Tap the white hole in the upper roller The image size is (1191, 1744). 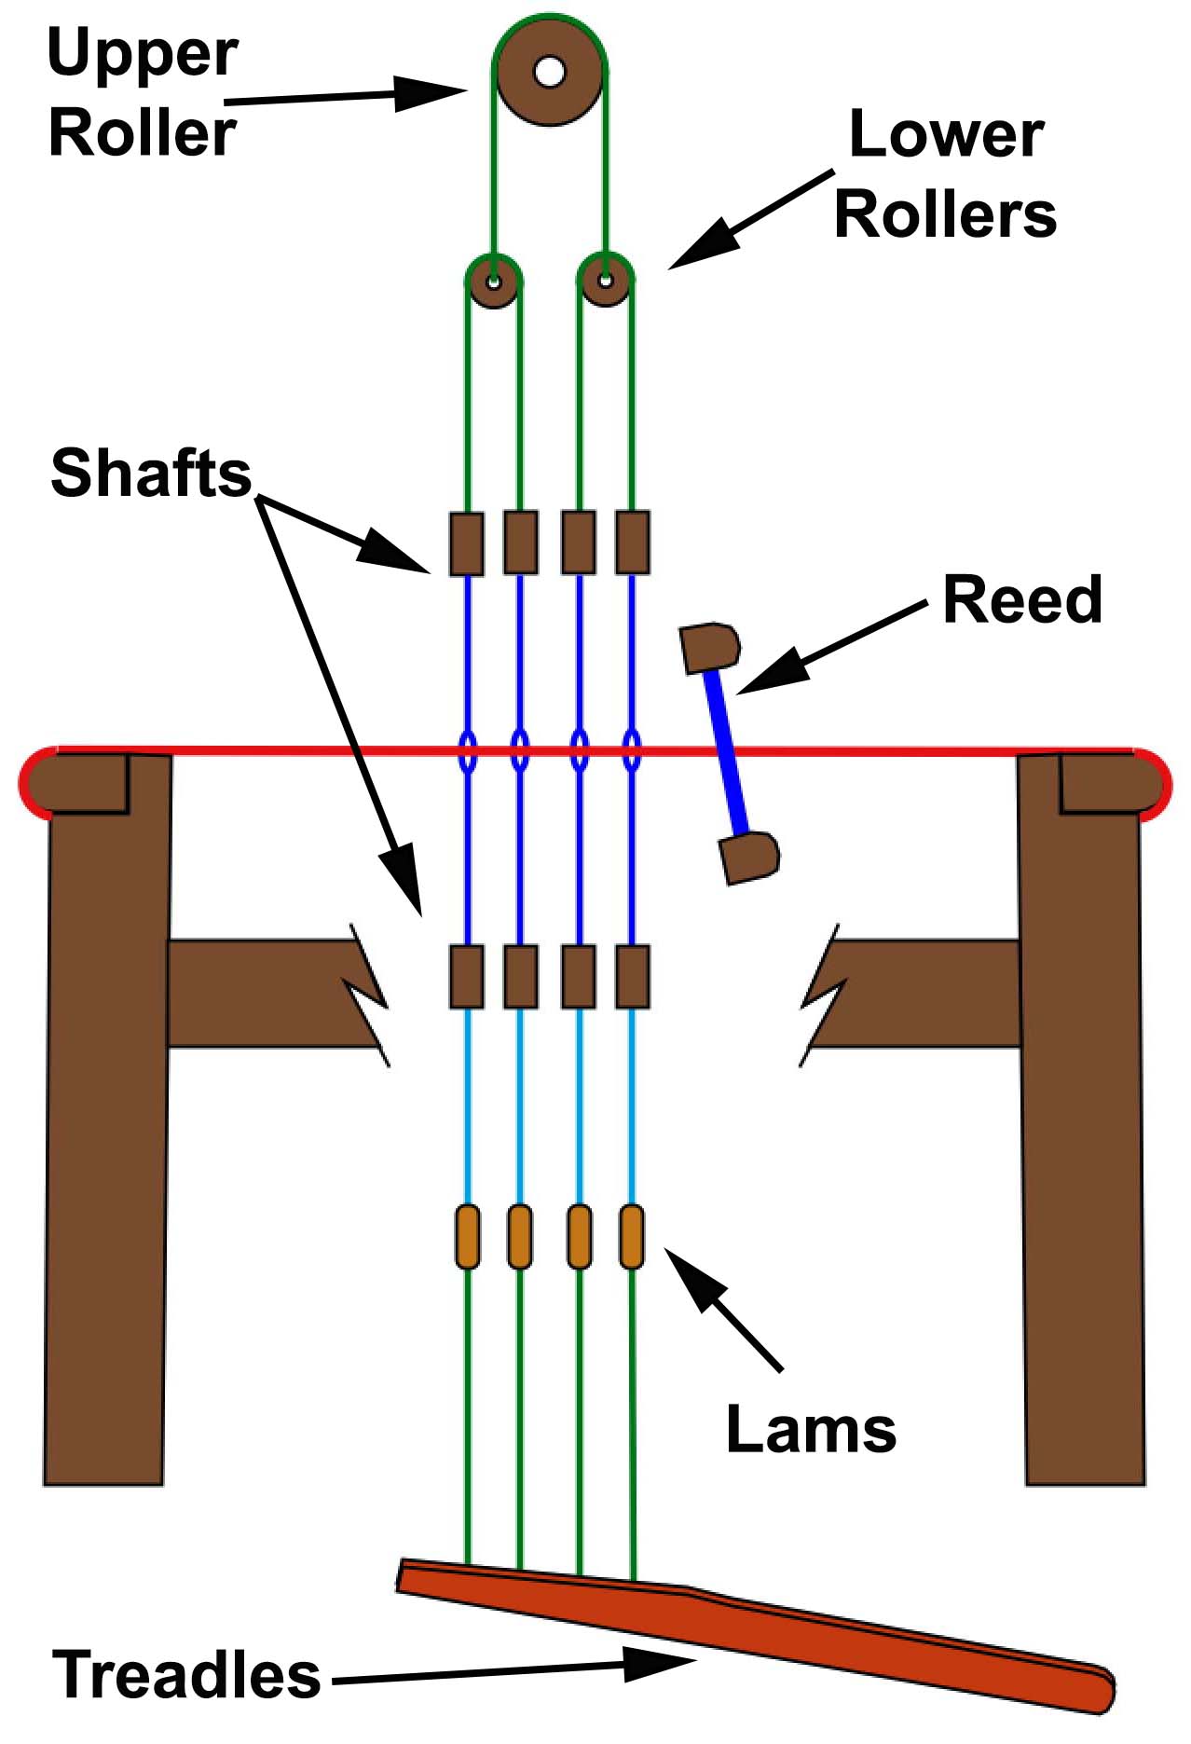pyautogui.click(x=550, y=71)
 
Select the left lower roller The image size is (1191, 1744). pyautogui.click(x=493, y=281)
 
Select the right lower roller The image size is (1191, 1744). pyautogui.click(x=606, y=281)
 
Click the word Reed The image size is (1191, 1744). pyautogui.click(x=1022, y=599)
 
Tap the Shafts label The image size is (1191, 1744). pyautogui.click(x=151, y=474)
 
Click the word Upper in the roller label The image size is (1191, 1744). pyautogui.click(x=143, y=54)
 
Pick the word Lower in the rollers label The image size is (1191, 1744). pyautogui.click(x=946, y=136)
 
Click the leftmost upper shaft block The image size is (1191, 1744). pyautogui.click(x=467, y=542)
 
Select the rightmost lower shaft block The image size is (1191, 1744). pyautogui.click(x=633, y=976)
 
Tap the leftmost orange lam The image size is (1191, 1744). pyautogui.click(x=468, y=1237)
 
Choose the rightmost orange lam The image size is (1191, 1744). pyautogui.click(x=632, y=1237)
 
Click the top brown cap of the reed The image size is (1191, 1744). pyautogui.click(x=711, y=648)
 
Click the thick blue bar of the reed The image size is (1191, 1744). pyautogui.click(x=729, y=753)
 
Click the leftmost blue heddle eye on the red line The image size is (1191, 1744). pyautogui.click(x=468, y=751)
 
